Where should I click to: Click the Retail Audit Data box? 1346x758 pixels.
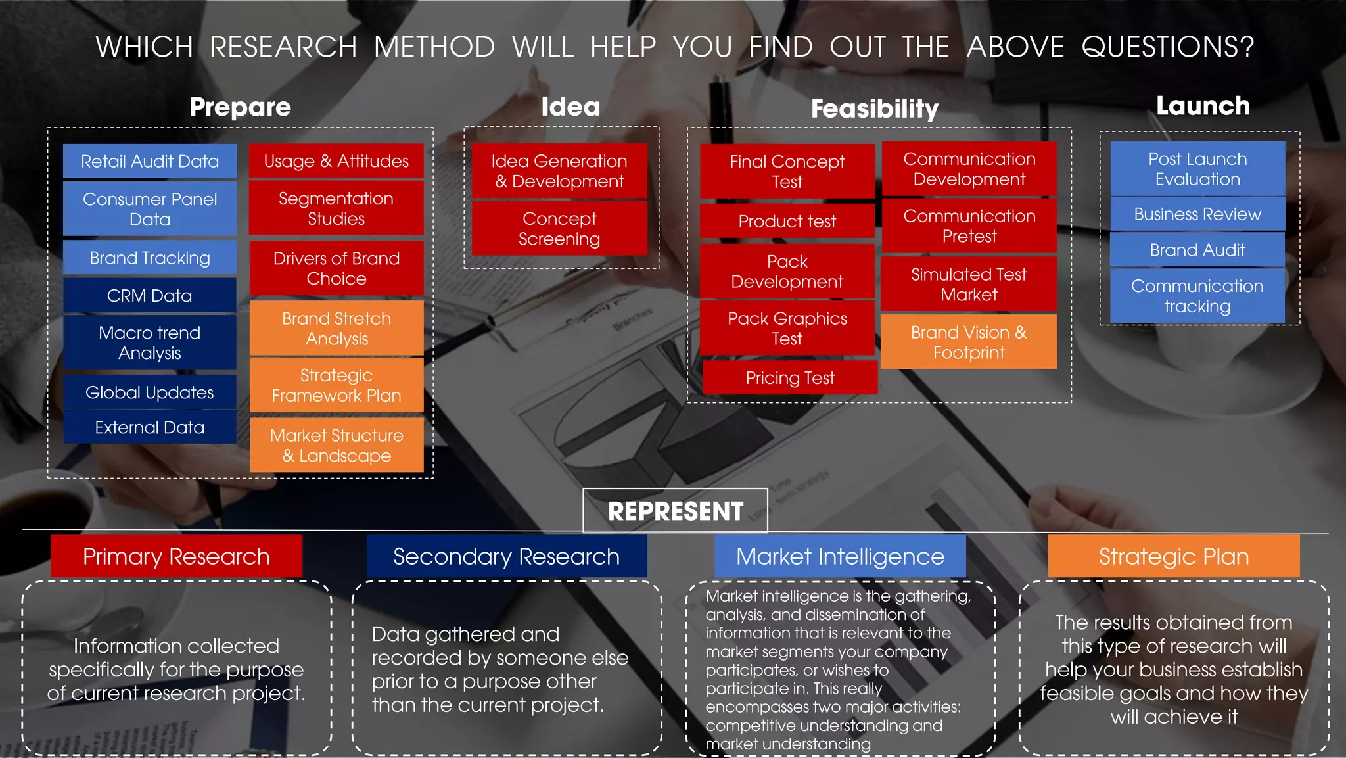pos(150,161)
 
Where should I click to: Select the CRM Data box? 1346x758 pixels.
pos(150,295)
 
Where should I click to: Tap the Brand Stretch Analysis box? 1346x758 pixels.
pos(336,328)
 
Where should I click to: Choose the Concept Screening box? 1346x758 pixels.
pos(559,228)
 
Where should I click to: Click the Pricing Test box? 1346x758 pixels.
pos(790,377)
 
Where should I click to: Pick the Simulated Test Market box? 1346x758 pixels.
pos(969,284)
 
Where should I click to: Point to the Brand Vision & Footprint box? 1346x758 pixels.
pos(969,342)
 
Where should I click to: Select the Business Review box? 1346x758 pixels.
pos(1197,214)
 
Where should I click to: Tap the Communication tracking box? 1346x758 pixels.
pos(1197,296)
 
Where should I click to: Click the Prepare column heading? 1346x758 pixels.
pos(240,107)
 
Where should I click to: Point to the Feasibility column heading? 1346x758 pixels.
pos(875,108)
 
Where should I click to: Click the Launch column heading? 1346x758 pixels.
pos(1203,106)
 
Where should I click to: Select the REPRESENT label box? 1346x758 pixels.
pos(675,511)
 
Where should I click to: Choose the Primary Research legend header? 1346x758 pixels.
pos(176,556)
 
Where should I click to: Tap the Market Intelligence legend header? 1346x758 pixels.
pos(840,556)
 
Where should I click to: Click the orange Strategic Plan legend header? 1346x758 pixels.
pos(1174,556)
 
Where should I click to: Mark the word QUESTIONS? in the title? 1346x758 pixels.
pos(1168,47)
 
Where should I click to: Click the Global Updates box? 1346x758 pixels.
pos(150,392)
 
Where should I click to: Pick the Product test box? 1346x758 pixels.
pos(787,221)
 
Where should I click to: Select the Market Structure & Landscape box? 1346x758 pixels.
pos(336,445)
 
